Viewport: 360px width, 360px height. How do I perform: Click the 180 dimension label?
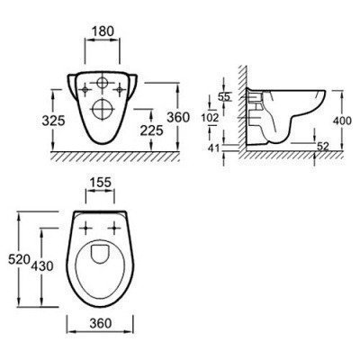[x=103, y=31]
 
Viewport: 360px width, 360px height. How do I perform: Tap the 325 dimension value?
[x=53, y=121]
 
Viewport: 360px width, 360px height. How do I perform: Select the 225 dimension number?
[x=151, y=130]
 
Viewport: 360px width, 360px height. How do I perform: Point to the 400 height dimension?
[x=342, y=121]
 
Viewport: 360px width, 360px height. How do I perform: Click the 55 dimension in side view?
[x=223, y=97]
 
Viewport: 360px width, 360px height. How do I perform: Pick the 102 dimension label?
[x=210, y=118]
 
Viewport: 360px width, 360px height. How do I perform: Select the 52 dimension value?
[x=323, y=146]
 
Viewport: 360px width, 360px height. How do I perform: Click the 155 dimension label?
[x=100, y=182]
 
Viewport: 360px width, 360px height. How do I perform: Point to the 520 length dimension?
[x=19, y=259]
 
